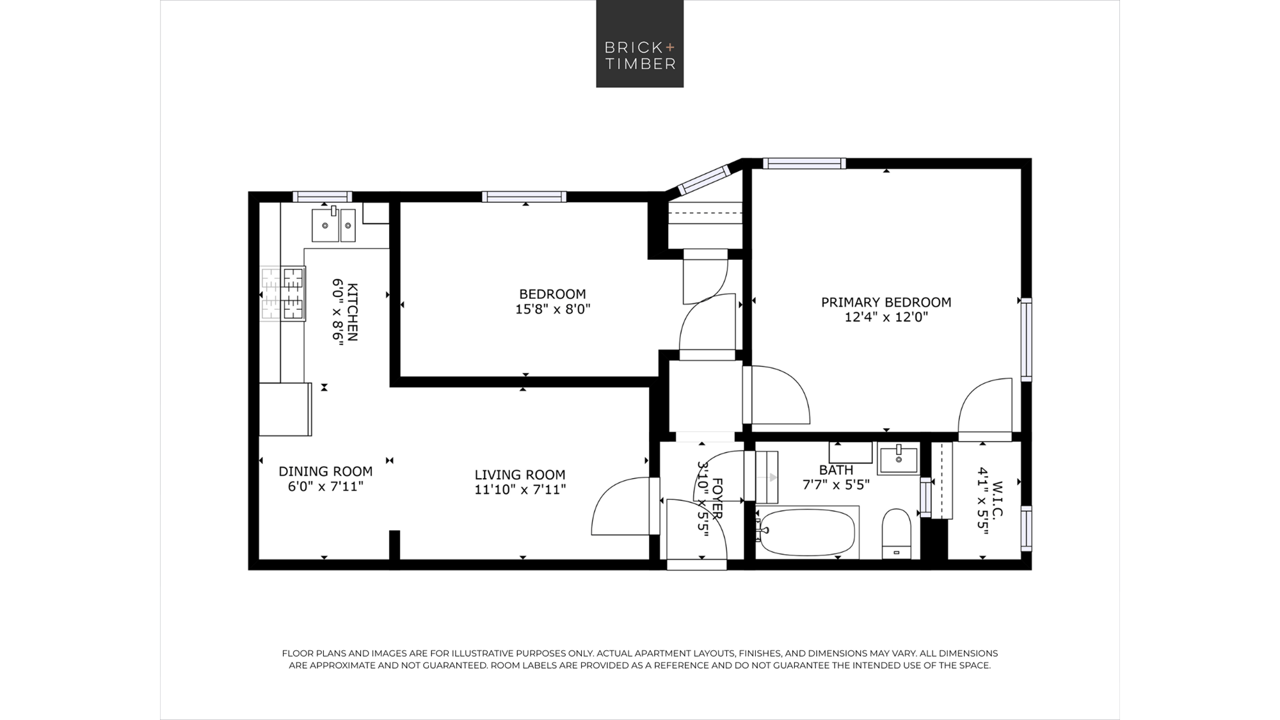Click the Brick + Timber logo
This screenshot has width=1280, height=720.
(x=640, y=44)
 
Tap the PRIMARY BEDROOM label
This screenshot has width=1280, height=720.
(x=886, y=302)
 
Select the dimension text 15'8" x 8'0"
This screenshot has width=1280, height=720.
(x=552, y=309)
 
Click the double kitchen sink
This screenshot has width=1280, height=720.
(x=333, y=225)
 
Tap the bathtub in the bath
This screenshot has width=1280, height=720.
(x=807, y=532)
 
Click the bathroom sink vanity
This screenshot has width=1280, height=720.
(x=898, y=459)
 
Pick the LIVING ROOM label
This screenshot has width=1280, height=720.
(x=520, y=475)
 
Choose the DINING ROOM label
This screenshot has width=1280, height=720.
(x=325, y=472)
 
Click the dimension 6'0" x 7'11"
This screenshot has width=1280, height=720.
(x=325, y=486)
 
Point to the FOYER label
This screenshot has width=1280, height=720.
(x=717, y=499)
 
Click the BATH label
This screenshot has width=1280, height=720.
(x=836, y=470)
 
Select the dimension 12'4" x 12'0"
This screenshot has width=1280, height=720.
(x=886, y=317)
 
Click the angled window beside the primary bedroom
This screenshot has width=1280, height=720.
(x=705, y=180)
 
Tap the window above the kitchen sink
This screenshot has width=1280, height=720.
(x=323, y=196)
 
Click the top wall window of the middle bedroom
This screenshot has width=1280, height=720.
(x=524, y=196)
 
